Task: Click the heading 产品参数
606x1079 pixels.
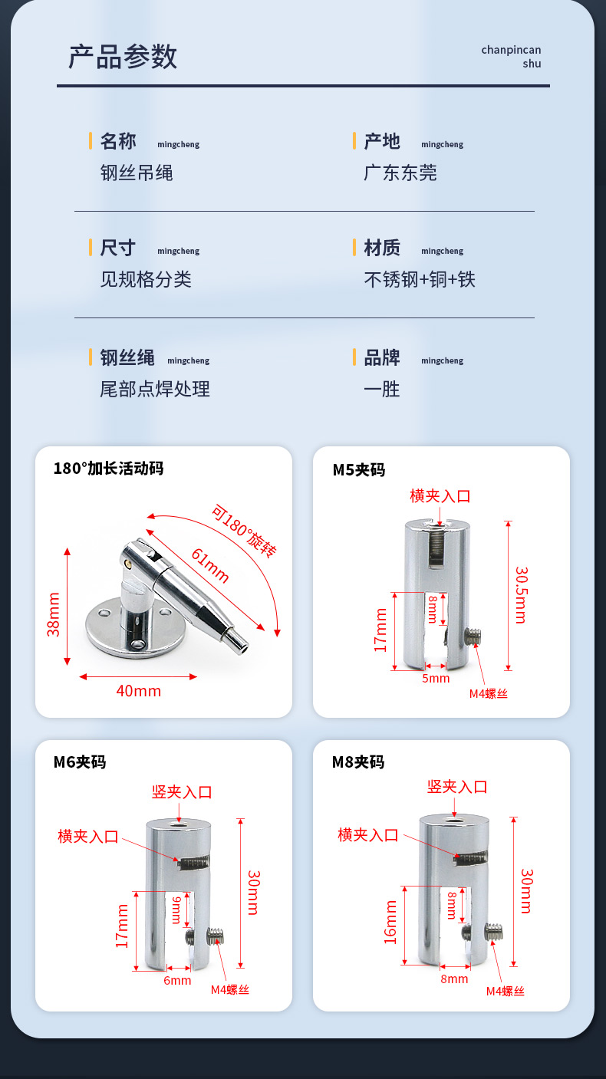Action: click(x=123, y=57)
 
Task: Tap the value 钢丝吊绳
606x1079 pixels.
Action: click(x=137, y=173)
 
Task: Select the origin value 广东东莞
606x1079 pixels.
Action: click(x=400, y=173)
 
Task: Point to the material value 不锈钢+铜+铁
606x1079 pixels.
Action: click(x=420, y=279)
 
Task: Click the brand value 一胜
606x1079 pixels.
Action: click(x=381, y=390)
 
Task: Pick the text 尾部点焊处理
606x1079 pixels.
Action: click(x=155, y=390)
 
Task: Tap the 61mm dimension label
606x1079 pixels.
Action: click(x=209, y=566)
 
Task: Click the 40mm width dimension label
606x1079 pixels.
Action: click(x=138, y=691)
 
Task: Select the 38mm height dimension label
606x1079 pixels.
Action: click(x=53, y=614)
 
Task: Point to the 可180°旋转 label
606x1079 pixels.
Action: click(x=244, y=531)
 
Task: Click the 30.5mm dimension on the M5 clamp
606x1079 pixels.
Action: click(x=522, y=595)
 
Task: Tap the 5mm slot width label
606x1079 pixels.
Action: click(x=436, y=678)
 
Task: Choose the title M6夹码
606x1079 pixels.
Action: click(x=80, y=762)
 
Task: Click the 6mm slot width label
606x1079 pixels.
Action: click(x=177, y=981)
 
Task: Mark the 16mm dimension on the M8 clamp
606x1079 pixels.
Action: click(x=390, y=922)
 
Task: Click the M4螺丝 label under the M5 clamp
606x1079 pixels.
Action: click(x=489, y=693)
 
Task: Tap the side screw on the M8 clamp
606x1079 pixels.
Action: click(x=494, y=931)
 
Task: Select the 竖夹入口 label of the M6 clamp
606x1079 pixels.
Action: click(x=182, y=792)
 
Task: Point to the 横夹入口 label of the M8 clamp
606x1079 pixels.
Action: click(x=368, y=835)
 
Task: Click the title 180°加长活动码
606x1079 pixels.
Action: click(x=108, y=469)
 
